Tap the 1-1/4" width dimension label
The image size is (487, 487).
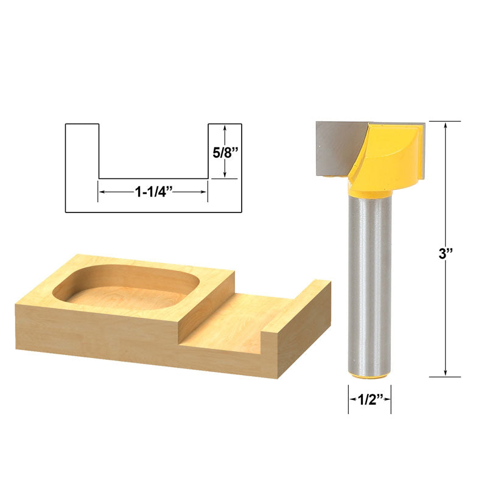coord(153,192)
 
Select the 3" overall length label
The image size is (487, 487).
coord(446,254)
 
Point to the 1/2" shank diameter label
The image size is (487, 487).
coord(370,399)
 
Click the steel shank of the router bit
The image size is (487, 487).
coord(370,286)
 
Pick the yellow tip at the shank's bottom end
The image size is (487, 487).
coord(370,377)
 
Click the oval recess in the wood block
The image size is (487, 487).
coord(127,288)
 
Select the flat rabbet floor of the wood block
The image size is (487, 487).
coord(236,323)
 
